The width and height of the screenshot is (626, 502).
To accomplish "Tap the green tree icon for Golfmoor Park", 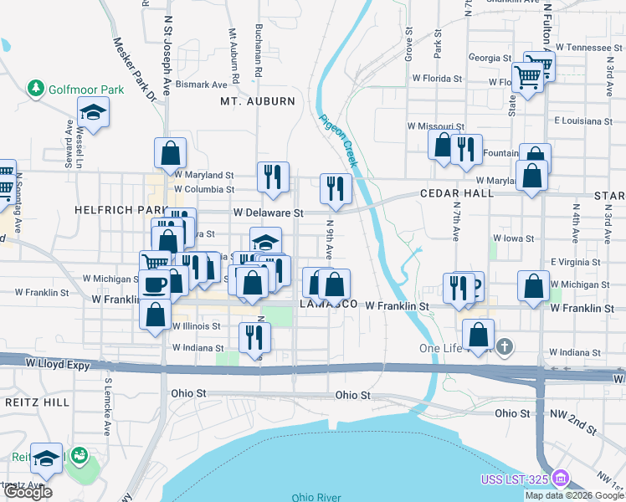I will click(x=36, y=88).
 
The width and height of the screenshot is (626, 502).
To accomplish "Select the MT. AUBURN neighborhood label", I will click(x=258, y=101).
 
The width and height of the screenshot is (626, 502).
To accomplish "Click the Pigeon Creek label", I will click(x=338, y=139).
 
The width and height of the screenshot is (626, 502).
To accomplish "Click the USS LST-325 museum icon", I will click(x=561, y=479).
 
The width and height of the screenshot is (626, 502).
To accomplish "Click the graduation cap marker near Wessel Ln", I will click(x=94, y=112).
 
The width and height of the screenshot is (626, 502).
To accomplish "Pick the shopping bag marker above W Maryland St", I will click(x=170, y=152).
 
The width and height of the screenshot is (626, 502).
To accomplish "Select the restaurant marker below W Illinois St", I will click(x=254, y=336).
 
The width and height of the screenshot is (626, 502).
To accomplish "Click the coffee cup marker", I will click(x=155, y=284).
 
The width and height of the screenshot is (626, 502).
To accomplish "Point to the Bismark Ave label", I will click(x=201, y=85).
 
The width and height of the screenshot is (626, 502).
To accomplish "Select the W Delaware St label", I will click(x=268, y=213).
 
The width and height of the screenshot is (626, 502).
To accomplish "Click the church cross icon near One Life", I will click(x=505, y=345).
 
